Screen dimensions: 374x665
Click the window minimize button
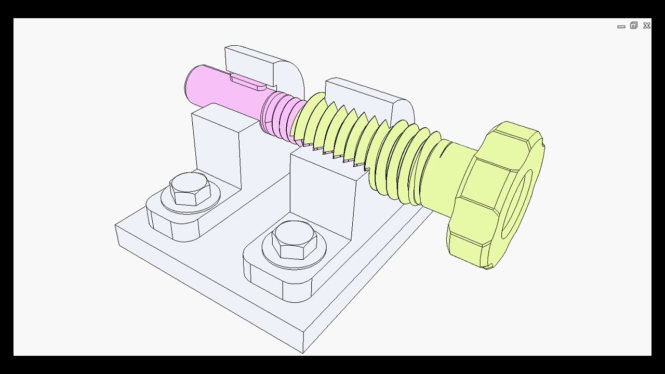(x=621, y=26)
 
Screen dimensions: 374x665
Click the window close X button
(x=646, y=25)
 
